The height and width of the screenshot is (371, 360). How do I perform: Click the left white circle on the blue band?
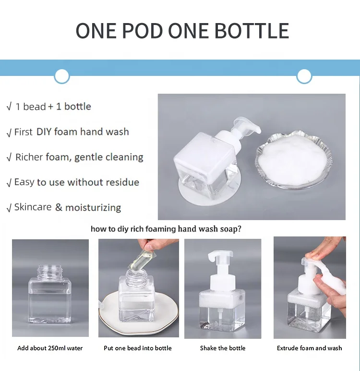pyautogui.click(x=62, y=76)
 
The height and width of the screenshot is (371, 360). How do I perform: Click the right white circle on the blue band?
pyautogui.click(x=304, y=76)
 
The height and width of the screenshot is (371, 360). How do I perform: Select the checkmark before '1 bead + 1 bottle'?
pyautogui.click(x=9, y=107)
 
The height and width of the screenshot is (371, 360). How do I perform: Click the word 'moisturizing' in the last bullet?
pyautogui.click(x=93, y=208)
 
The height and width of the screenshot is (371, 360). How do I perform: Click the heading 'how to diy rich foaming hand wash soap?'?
pyautogui.click(x=166, y=229)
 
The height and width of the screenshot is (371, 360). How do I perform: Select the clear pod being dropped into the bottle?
pyautogui.click(x=137, y=259)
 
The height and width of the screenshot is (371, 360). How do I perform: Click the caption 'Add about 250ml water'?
pyautogui.click(x=50, y=348)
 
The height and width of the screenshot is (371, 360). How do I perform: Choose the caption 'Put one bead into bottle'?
pyautogui.click(x=138, y=348)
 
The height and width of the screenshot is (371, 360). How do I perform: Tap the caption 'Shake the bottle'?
pyautogui.click(x=223, y=348)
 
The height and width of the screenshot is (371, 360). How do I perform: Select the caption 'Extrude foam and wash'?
pyautogui.click(x=310, y=348)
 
